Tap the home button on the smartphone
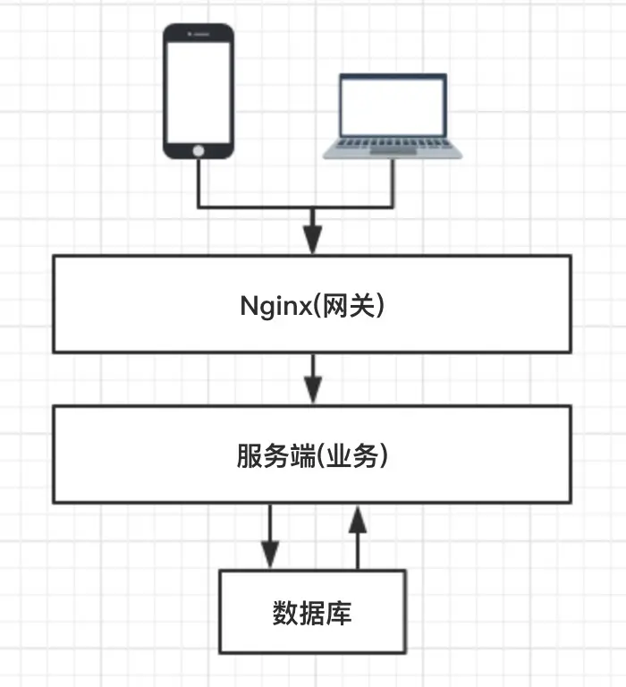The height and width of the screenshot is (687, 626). [x=199, y=151]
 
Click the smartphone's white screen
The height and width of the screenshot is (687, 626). [x=199, y=92]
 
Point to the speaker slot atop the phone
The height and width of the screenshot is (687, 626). [x=201, y=34]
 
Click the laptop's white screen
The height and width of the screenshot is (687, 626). [x=393, y=107]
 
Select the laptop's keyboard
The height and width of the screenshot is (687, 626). [x=393, y=143]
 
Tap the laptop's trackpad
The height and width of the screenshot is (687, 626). [x=393, y=151]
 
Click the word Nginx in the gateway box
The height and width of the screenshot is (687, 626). [x=275, y=306]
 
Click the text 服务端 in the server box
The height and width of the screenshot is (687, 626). [x=276, y=455]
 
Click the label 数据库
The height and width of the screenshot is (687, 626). [x=312, y=613]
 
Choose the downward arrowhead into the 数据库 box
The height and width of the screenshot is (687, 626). [x=270, y=555]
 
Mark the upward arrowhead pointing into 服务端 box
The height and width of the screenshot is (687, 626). [x=358, y=519]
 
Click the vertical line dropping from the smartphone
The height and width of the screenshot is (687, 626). [x=199, y=183]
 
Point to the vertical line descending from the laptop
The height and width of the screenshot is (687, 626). [x=393, y=183]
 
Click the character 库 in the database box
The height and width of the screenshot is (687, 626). [x=339, y=613]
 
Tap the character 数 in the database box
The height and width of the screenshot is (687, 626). [x=285, y=613]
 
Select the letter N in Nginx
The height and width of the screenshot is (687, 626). [x=248, y=305]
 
